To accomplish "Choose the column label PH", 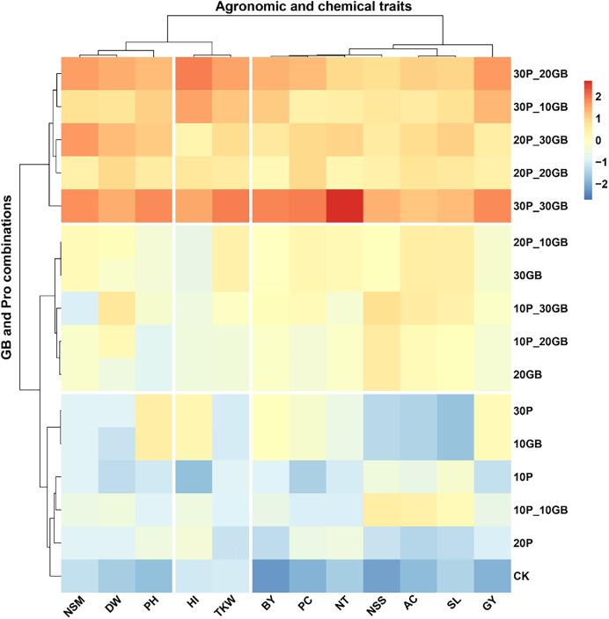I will [x=154, y=608].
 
